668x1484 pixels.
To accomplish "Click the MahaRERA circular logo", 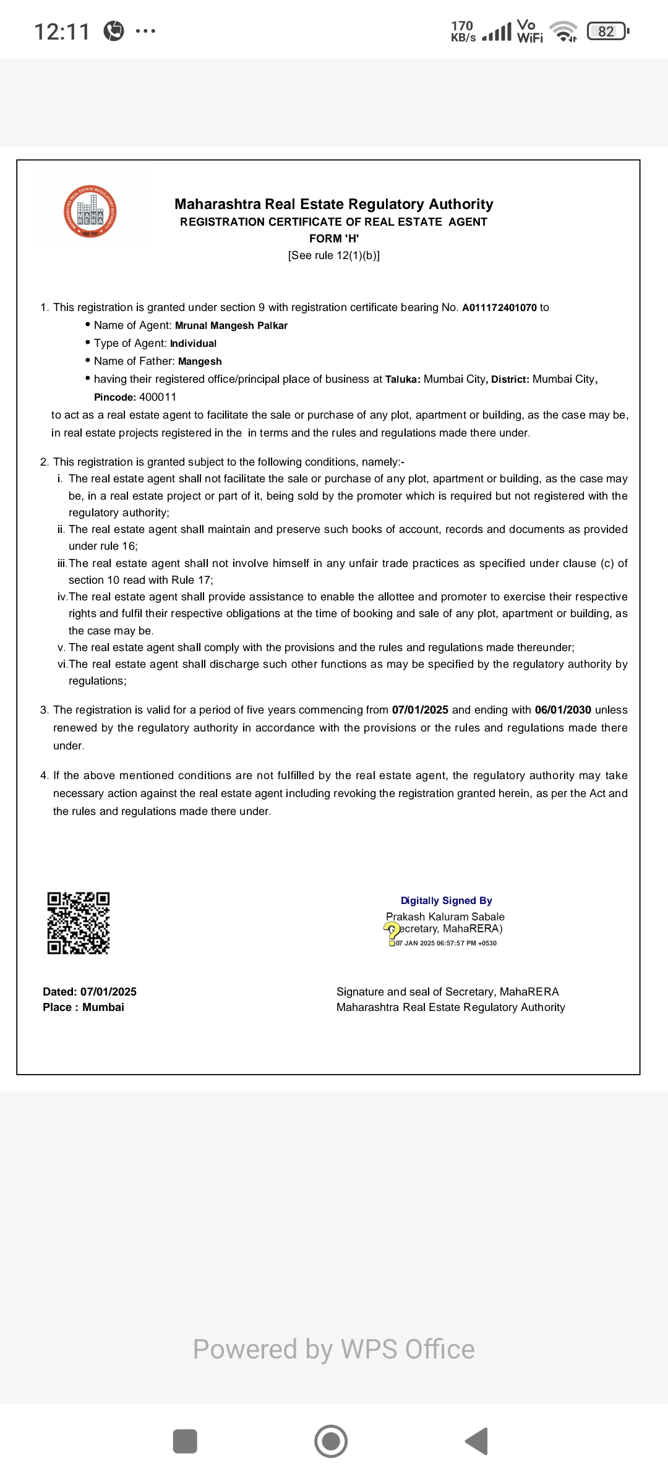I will click(90, 211).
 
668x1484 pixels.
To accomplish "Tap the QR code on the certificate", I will click(79, 923).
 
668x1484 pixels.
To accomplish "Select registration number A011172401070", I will click(499, 308).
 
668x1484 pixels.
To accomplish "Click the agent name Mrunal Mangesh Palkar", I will click(231, 326).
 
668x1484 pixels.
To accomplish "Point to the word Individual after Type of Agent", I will click(193, 344).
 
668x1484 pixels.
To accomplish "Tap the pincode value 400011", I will click(158, 397).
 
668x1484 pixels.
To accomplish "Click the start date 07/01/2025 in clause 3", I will click(420, 710).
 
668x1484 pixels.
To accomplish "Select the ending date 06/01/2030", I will click(563, 710).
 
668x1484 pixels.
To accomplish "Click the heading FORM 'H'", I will click(334, 239).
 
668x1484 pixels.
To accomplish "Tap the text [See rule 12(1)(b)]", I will click(334, 255).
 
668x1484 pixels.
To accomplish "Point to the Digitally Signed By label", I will click(446, 901).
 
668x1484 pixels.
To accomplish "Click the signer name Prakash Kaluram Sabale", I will click(445, 916).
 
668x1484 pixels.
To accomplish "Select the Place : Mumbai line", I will click(83, 1007).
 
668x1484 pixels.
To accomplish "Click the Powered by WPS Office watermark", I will click(334, 1349).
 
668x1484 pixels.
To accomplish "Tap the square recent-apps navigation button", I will click(185, 1441).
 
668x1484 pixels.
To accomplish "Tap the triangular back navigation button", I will click(477, 1441).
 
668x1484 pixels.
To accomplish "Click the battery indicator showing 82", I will click(607, 31).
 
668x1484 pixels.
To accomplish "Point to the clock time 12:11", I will click(62, 32).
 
